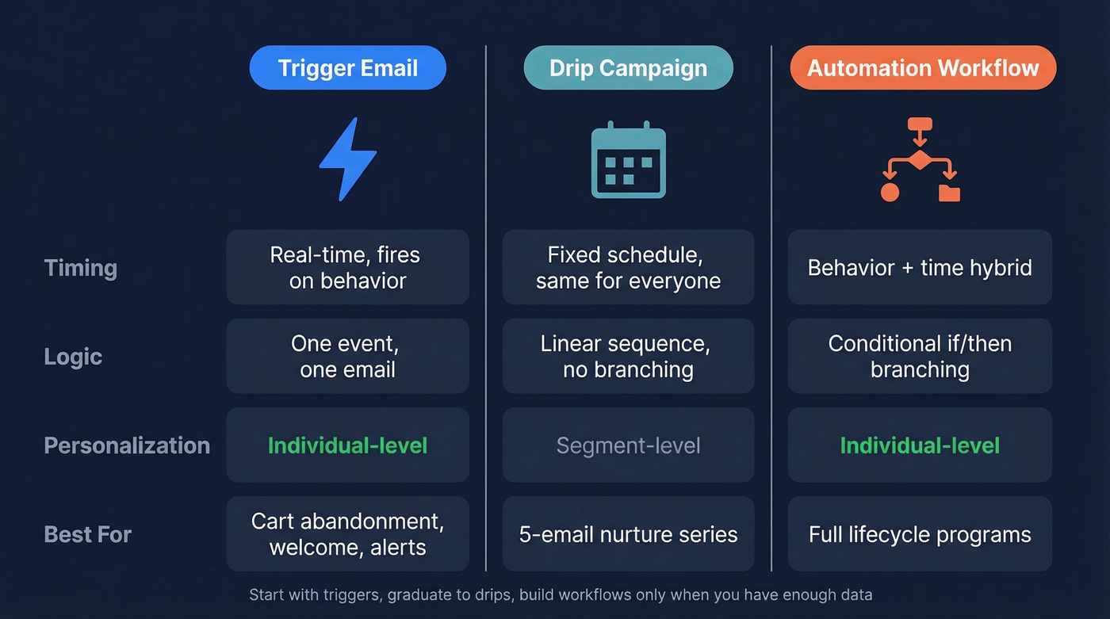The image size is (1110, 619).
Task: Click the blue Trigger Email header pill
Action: coord(347,68)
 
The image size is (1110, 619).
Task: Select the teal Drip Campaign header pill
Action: coord(628,68)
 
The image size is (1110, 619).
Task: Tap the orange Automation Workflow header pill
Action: coord(923,68)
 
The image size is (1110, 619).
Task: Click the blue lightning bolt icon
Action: coord(347,159)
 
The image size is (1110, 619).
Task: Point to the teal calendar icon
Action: coord(628,160)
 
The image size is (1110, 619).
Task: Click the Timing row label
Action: coord(81,268)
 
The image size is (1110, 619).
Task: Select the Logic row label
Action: coord(73,357)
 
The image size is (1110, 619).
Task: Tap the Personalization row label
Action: coord(127,445)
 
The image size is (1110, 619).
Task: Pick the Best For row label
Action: coord(87,534)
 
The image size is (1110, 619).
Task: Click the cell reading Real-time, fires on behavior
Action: coord(347,268)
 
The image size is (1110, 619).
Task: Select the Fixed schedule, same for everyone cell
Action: coord(628,268)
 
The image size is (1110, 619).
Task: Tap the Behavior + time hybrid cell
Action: coord(920,268)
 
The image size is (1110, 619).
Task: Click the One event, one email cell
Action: coord(347,357)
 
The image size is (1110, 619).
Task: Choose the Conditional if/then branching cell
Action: coord(920,357)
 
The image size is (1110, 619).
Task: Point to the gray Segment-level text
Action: coord(628,445)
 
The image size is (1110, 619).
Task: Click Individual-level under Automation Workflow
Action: coord(920,445)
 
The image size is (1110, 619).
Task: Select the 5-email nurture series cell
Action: coord(628,534)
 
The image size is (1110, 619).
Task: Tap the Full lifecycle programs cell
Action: coord(920,534)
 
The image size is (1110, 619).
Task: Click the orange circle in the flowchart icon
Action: coord(890,193)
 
